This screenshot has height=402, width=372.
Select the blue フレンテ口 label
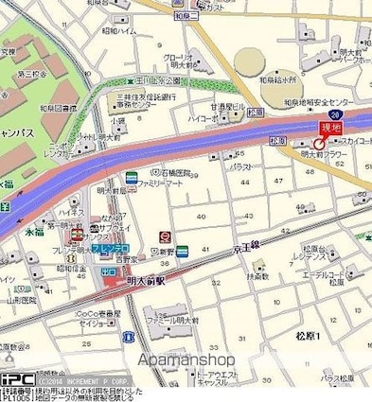pos(113,247)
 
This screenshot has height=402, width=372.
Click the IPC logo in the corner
pos(18,378)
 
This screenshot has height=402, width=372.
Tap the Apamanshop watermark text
pos(185,359)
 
